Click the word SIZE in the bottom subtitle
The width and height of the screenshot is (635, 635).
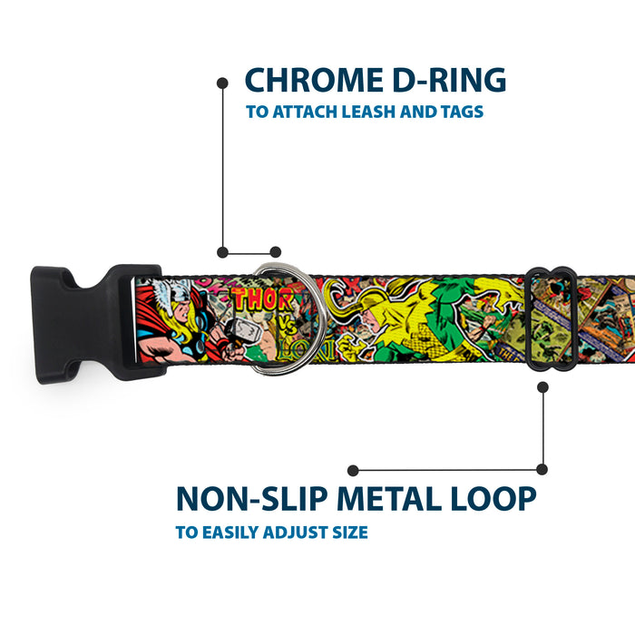(x=347, y=532)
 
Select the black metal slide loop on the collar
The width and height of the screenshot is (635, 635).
(x=550, y=317)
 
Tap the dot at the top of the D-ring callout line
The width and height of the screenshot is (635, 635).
(x=222, y=83)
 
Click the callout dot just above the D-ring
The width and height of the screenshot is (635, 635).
(x=276, y=251)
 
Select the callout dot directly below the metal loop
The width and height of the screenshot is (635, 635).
(x=542, y=386)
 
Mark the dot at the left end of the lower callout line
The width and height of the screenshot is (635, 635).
(x=353, y=470)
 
